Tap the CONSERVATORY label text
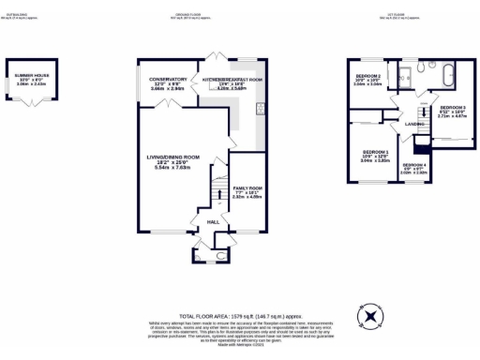tap(161, 80)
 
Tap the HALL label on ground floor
tap(213, 221)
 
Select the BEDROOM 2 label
tap(367, 75)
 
